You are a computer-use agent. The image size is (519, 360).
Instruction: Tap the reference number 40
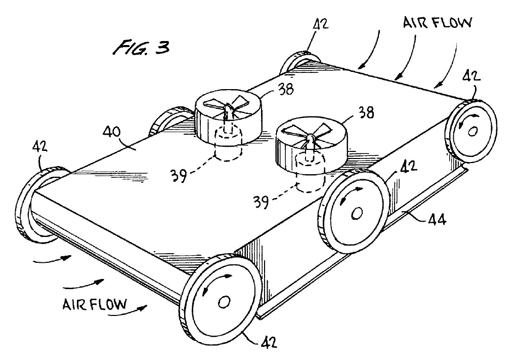[112, 133]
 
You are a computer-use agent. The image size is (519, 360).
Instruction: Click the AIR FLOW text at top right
[437, 22]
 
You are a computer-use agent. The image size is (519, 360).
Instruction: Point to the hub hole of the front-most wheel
[224, 302]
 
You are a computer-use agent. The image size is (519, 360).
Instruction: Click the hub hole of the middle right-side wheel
[357, 213]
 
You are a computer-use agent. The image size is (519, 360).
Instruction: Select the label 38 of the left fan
[285, 89]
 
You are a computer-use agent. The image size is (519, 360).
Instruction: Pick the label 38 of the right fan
[365, 112]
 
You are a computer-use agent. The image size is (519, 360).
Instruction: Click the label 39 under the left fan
[179, 175]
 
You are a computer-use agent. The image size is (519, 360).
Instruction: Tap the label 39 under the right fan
[261, 202]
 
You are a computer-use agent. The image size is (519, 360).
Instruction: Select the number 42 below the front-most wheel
[268, 342]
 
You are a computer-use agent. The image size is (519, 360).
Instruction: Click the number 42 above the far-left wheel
[40, 147]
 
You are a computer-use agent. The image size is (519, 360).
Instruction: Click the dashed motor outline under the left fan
[229, 145]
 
